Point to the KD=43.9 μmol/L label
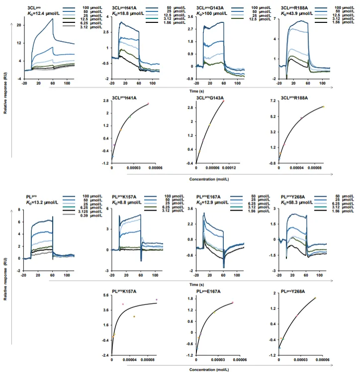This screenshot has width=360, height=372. pos(295,14)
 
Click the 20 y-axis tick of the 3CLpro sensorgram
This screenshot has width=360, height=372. pos(18,25)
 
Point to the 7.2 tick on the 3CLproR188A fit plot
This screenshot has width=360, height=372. pos(272,101)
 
